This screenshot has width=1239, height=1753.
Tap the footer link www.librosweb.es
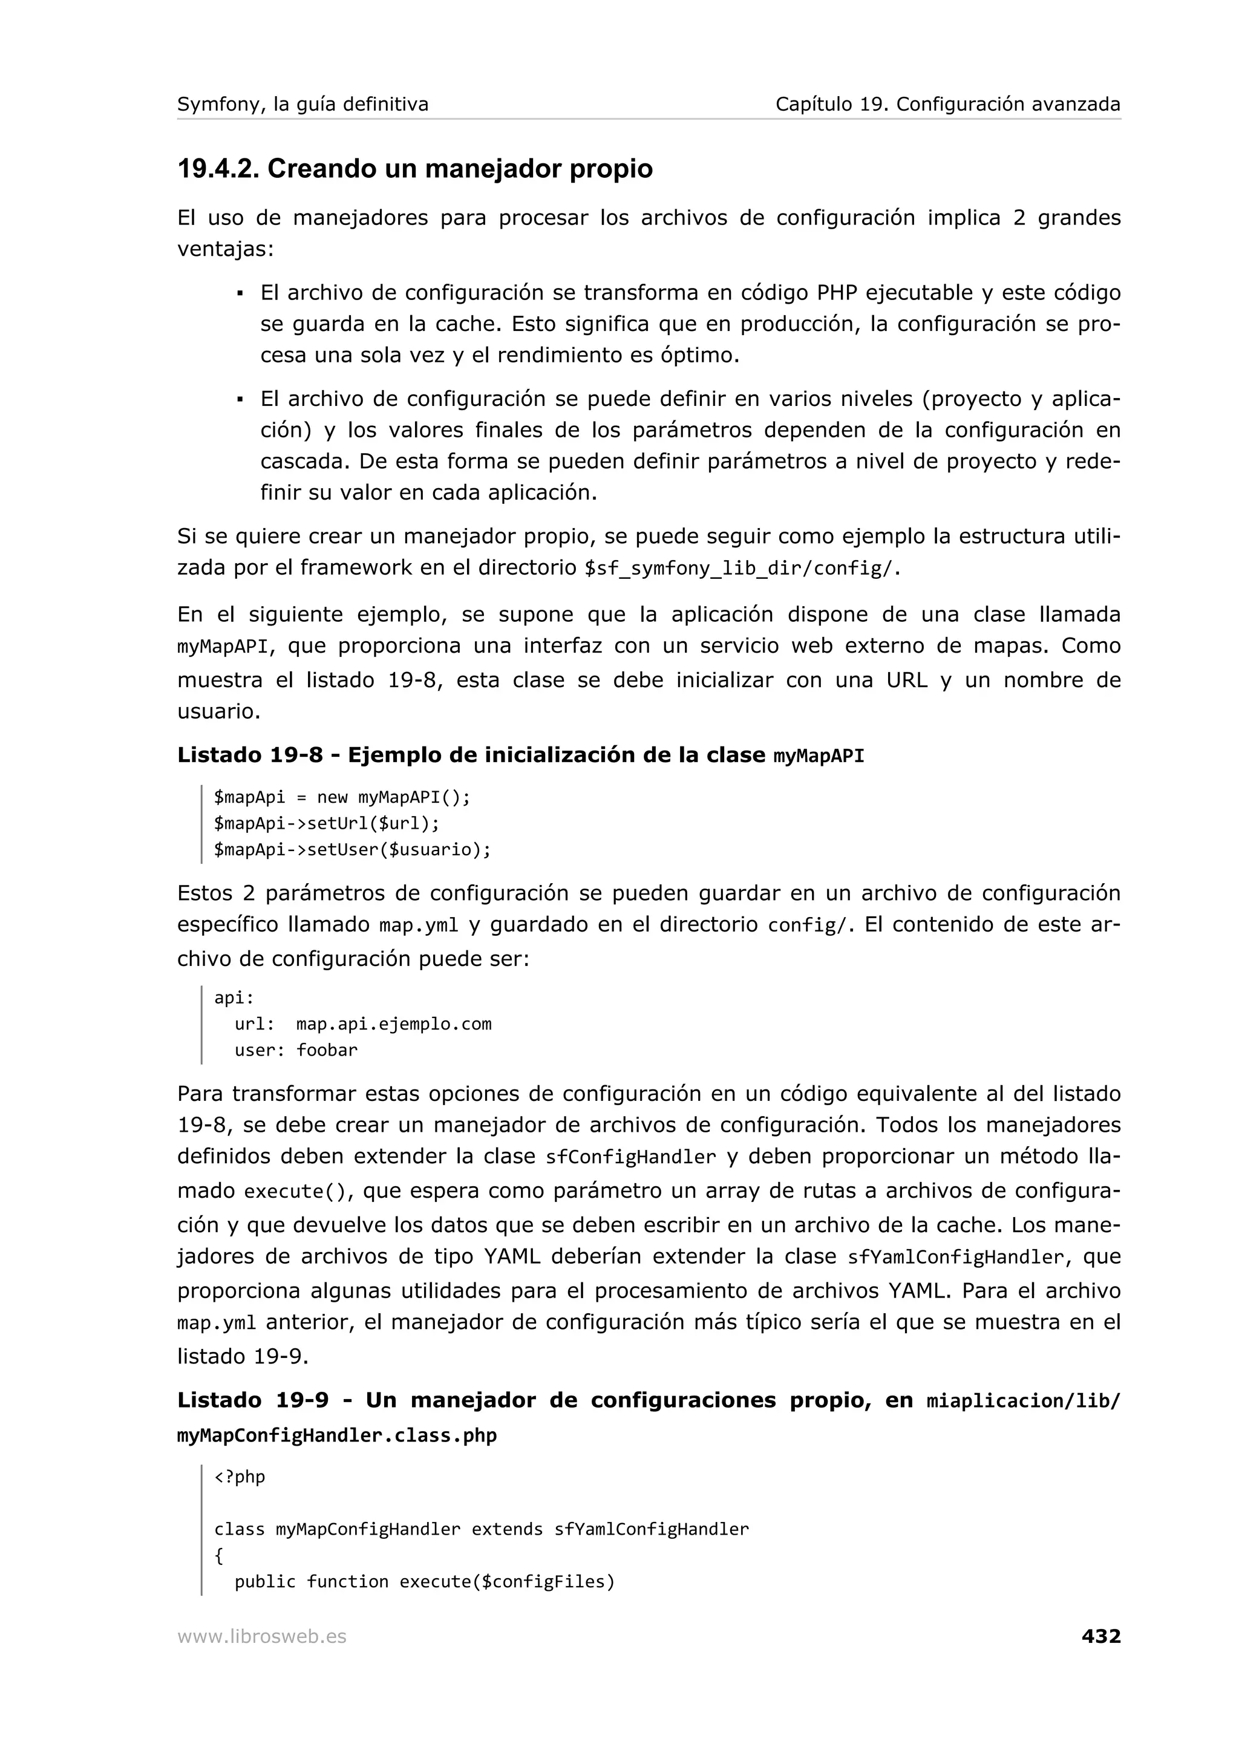(x=262, y=1637)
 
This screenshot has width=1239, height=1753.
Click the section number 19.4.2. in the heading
(x=218, y=169)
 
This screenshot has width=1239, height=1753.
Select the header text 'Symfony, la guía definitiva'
(x=302, y=104)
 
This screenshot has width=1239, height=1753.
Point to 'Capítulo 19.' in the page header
(x=831, y=104)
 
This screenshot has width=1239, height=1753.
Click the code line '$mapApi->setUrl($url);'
(x=327, y=823)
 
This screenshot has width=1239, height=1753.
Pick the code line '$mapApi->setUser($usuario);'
(x=352, y=849)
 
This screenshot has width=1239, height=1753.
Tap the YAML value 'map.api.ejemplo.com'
(x=394, y=1024)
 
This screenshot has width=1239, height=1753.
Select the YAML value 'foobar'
(x=327, y=1050)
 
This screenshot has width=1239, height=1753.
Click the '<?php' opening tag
(x=239, y=1477)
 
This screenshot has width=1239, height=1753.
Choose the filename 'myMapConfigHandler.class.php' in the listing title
(x=336, y=1435)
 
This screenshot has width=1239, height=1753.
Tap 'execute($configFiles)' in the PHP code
(x=507, y=1581)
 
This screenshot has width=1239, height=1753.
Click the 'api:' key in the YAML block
(x=234, y=998)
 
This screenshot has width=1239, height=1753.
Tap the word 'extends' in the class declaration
(x=507, y=1529)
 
